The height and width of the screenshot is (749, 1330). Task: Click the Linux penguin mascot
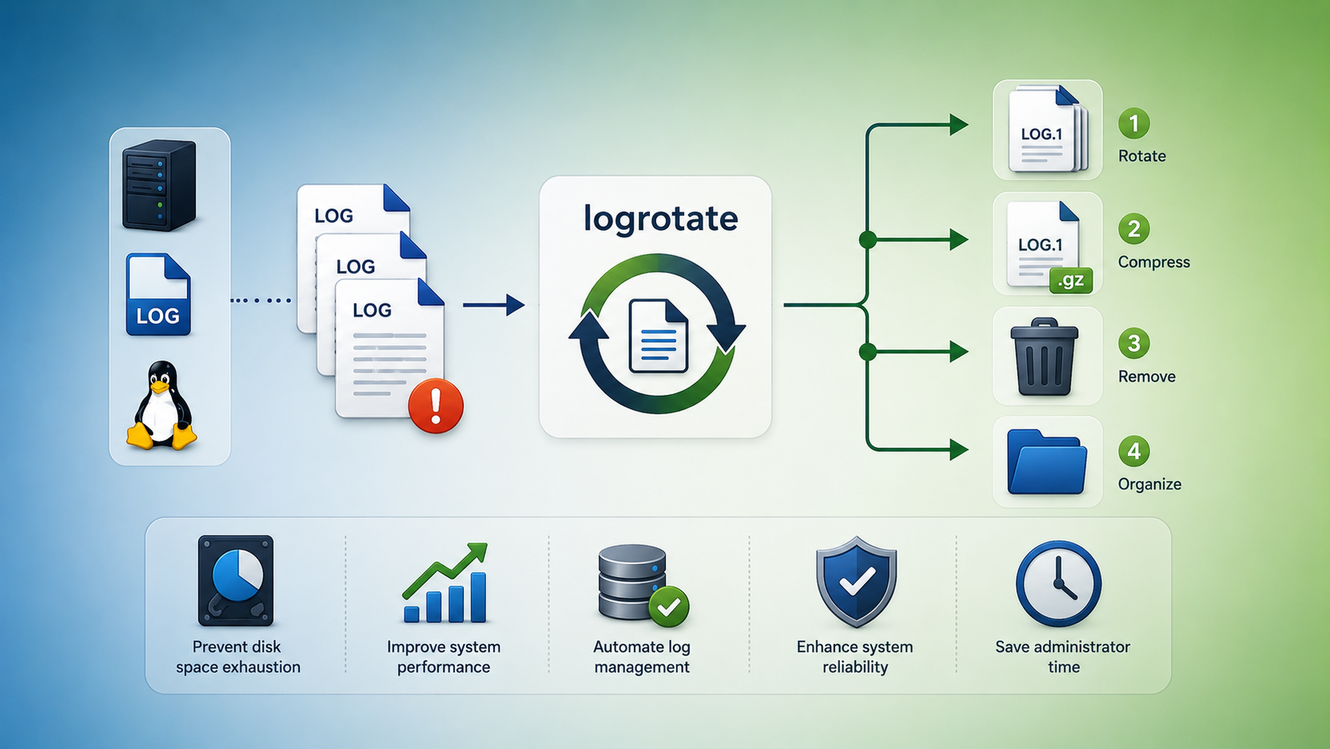tap(161, 405)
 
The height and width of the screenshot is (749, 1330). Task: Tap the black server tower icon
tap(159, 185)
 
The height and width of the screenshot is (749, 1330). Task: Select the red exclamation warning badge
tap(436, 406)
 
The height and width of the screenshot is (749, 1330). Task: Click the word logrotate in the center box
tap(661, 219)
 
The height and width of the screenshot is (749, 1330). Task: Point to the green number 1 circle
tap(1134, 123)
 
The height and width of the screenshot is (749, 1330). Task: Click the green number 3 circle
tap(1134, 343)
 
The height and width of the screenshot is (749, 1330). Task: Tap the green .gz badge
tap(1071, 279)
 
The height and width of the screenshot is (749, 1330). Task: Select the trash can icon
tap(1044, 357)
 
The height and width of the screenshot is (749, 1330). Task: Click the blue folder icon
tap(1047, 462)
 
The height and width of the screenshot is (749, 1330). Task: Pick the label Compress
tap(1153, 262)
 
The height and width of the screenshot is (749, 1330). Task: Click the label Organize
tap(1149, 484)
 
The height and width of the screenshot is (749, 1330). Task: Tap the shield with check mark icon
tap(856, 582)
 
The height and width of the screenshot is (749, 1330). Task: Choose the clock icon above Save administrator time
tap(1059, 583)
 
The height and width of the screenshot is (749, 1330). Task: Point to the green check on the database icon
tap(668, 607)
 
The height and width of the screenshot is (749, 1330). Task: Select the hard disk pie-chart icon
tap(235, 581)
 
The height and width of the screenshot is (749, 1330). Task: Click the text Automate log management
tap(642, 657)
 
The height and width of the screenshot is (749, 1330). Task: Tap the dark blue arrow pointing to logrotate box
tap(493, 305)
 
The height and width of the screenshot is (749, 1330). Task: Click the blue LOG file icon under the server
tap(158, 295)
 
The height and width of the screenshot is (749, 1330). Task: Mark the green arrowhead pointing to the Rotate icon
tap(959, 125)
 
